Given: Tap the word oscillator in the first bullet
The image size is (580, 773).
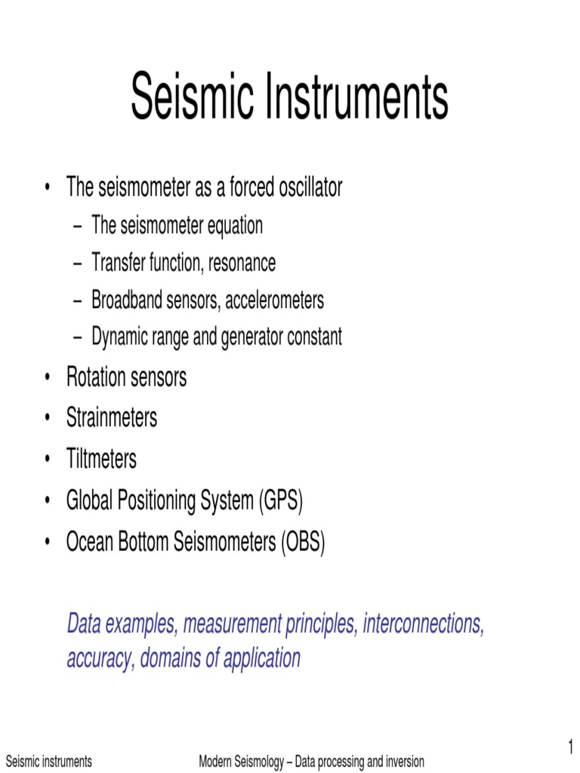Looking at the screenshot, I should [x=302, y=187].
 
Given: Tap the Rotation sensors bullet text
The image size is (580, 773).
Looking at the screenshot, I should [x=126, y=377].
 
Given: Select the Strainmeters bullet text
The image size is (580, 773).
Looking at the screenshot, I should [x=112, y=417].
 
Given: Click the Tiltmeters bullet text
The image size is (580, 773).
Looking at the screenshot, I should [x=101, y=458].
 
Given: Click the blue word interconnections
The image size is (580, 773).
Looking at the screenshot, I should [x=423, y=624].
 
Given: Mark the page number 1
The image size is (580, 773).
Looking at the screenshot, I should [x=571, y=747].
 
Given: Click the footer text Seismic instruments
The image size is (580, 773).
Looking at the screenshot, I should [x=48, y=762].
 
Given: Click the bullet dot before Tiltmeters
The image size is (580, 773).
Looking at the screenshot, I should [x=48, y=459].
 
